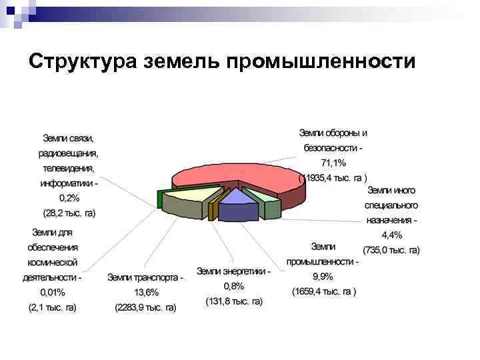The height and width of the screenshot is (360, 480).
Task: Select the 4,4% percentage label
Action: click(391, 235)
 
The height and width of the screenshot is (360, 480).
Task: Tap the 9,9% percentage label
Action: click(323, 277)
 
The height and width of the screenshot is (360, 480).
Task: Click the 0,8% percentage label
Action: click(233, 286)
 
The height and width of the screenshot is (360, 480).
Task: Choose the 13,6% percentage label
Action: click(145, 292)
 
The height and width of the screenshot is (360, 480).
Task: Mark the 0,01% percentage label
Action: click(53, 292)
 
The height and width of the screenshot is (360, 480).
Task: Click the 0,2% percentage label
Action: click(69, 198)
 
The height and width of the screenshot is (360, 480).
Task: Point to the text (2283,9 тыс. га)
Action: click(145, 307)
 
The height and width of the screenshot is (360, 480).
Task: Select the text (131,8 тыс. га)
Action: click(233, 301)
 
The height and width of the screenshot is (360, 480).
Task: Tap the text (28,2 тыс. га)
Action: click(69, 213)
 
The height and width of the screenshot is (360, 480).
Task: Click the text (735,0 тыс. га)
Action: click(391, 250)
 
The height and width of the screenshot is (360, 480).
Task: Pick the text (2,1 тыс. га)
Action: click(53, 307)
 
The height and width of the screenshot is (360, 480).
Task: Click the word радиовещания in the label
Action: click(68, 153)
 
